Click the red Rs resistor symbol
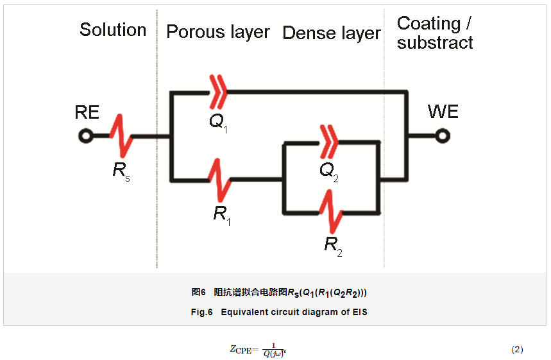(121, 135)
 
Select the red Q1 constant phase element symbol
(219, 92)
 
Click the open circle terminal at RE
(85, 136)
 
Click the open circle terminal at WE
(442, 136)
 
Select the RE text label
(87, 113)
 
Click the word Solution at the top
(113, 30)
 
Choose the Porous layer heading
(218, 32)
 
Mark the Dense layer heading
(332, 33)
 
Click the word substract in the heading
(435, 43)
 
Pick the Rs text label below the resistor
(121, 171)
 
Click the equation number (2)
(517, 349)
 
